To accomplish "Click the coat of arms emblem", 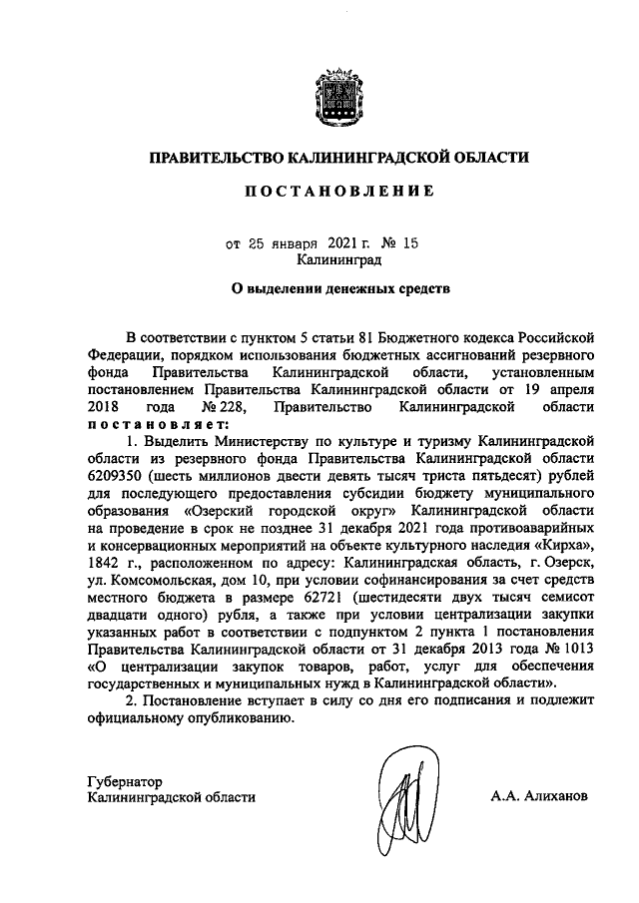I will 335,96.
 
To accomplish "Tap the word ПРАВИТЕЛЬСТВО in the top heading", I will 215,157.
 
